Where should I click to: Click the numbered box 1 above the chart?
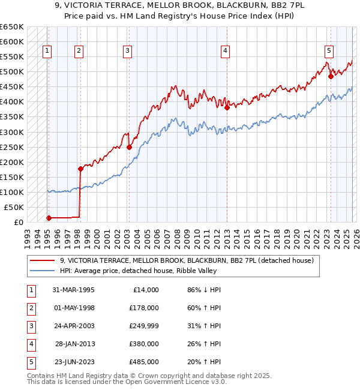[47, 51]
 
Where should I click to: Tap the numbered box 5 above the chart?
[329, 51]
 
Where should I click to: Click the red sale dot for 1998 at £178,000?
[80, 169]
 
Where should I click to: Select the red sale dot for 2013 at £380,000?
[227, 108]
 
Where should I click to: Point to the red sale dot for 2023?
[331, 76]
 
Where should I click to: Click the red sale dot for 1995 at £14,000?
[49, 218]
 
